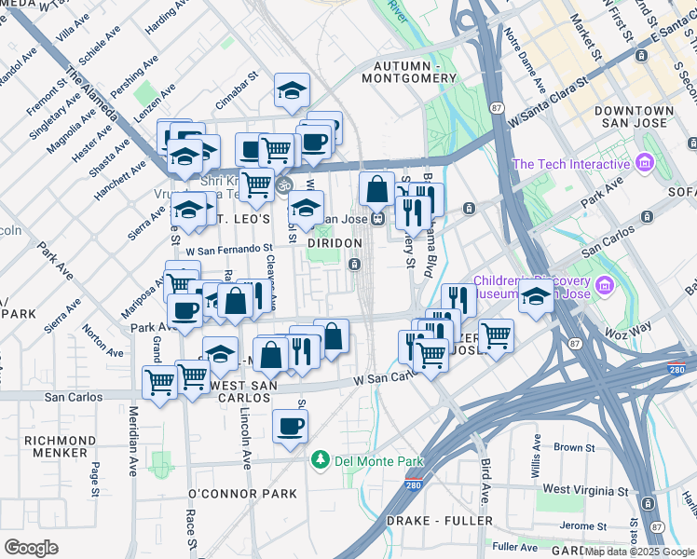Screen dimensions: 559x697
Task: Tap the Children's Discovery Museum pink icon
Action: click(605, 284)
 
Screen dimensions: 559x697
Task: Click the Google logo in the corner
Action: click(31, 548)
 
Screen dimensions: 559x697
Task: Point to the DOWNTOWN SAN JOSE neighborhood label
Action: click(631, 116)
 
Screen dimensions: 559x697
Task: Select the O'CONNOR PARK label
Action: click(242, 494)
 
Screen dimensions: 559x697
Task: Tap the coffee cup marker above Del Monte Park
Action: click(290, 427)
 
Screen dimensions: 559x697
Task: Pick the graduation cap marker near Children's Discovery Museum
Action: click(536, 299)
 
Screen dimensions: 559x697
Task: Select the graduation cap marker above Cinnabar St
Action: click(292, 90)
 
